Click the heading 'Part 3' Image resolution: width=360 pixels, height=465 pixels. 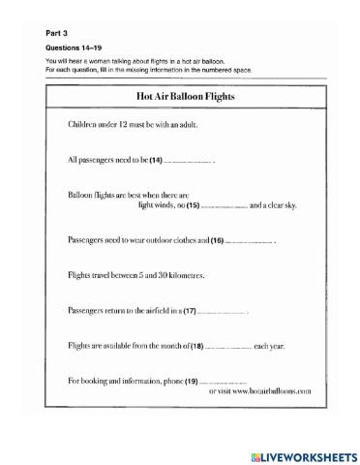point(57,31)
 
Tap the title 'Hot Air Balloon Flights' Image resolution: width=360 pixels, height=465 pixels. point(180,97)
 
